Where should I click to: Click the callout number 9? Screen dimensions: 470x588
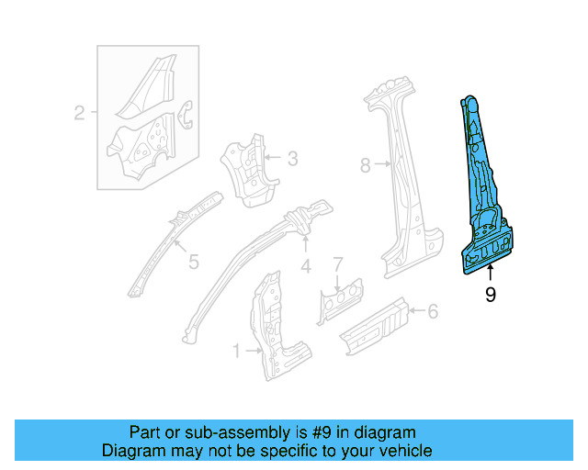[x=490, y=295]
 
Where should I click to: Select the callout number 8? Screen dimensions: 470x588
[x=365, y=166]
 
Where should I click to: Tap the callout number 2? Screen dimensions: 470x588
[x=79, y=114]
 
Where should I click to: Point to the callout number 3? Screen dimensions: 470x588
[x=292, y=159]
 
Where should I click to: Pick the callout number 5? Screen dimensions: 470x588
[x=193, y=263]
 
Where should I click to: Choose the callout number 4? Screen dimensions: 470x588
[x=305, y=267]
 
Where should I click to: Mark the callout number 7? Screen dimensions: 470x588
[x=337, y=264]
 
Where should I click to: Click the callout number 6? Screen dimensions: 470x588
[x=432, y=312]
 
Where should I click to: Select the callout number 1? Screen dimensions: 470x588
[x=237, y=351]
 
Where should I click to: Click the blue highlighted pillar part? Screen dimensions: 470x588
[x=485, y=193]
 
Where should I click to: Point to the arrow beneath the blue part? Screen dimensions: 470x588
[x=490, y=273]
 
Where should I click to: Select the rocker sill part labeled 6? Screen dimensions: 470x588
[x=377, y=327]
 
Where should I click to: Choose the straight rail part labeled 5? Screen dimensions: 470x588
[x=170, y=243]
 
